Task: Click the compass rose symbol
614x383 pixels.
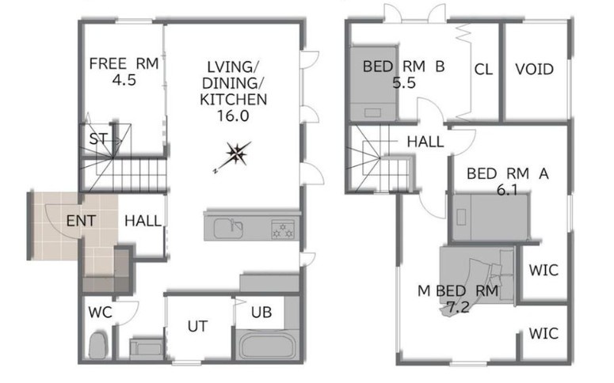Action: click(237, 154)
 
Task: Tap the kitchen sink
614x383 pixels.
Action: click(228, 229)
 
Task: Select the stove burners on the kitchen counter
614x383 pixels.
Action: click(283, 229)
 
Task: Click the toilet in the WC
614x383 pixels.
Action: click(97, 345)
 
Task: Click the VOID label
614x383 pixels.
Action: click(534, 70)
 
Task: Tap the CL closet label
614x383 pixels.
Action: click(483, 70)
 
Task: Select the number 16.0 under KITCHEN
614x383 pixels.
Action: click(233, 116)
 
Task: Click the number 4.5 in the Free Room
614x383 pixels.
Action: click(124, 80)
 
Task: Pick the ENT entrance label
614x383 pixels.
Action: click(81, 221)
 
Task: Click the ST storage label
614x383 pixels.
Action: click(98, 138)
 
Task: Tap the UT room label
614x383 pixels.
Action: click(197, 326)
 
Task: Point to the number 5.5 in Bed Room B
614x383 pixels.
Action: click(404, 83)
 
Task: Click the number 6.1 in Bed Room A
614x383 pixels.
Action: click(507, 190)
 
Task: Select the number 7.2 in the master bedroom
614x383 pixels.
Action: click(458, 308)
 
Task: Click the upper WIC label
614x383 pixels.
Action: click(543, 270)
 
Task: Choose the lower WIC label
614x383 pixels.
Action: click(543, 334)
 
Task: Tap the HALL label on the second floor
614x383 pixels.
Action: click(425, 142)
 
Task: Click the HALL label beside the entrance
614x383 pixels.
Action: click(143, 221)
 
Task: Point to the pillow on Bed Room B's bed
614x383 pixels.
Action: click(373, 112)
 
